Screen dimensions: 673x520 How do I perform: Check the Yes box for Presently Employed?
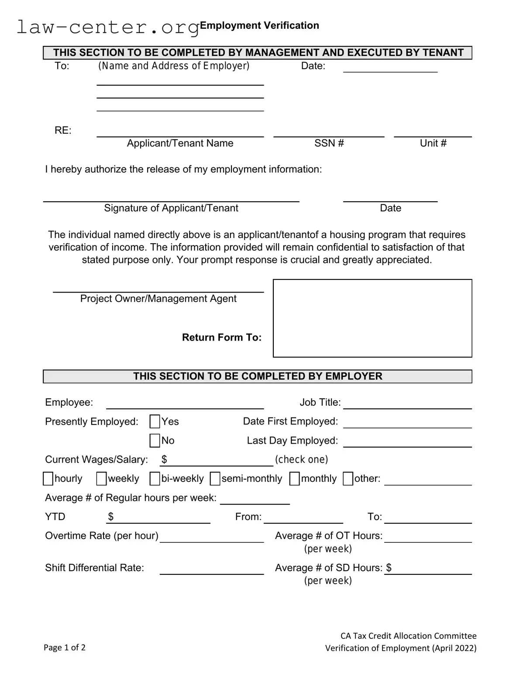tap(155, 421)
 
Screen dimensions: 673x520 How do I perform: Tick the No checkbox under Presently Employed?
tap(155, 440)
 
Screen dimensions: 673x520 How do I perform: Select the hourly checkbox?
tap(48, 479)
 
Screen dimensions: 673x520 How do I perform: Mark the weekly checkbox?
tap(101, 479)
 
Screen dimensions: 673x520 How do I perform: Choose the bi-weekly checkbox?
tap(155, 479)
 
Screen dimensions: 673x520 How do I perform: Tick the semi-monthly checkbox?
tap(215, 479)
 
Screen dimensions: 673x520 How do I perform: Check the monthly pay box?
tap(295, 479)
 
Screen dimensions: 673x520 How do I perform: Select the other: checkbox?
tap(348, 479)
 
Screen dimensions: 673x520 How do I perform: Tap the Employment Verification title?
tap(259, 25)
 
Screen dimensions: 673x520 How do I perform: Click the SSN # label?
tap(329, 143)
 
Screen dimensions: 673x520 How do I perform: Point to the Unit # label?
tap(433, 143)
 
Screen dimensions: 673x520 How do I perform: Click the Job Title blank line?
tap(407, 404)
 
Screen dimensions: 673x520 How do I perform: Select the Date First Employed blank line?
tap(407, 423)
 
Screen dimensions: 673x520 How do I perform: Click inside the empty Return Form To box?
tap(372, 318)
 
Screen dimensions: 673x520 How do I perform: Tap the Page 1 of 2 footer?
tap(65, 647)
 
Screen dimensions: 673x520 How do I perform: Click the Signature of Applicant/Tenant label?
tap(171, 208)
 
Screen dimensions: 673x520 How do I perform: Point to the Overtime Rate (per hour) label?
tap(102, 535)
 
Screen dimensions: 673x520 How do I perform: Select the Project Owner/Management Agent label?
tap(158, 299)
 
